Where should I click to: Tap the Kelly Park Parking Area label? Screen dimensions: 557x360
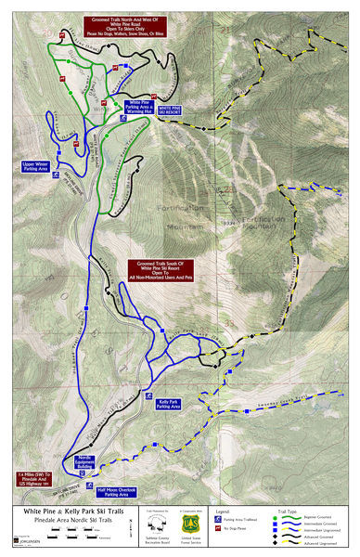point(168,404)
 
